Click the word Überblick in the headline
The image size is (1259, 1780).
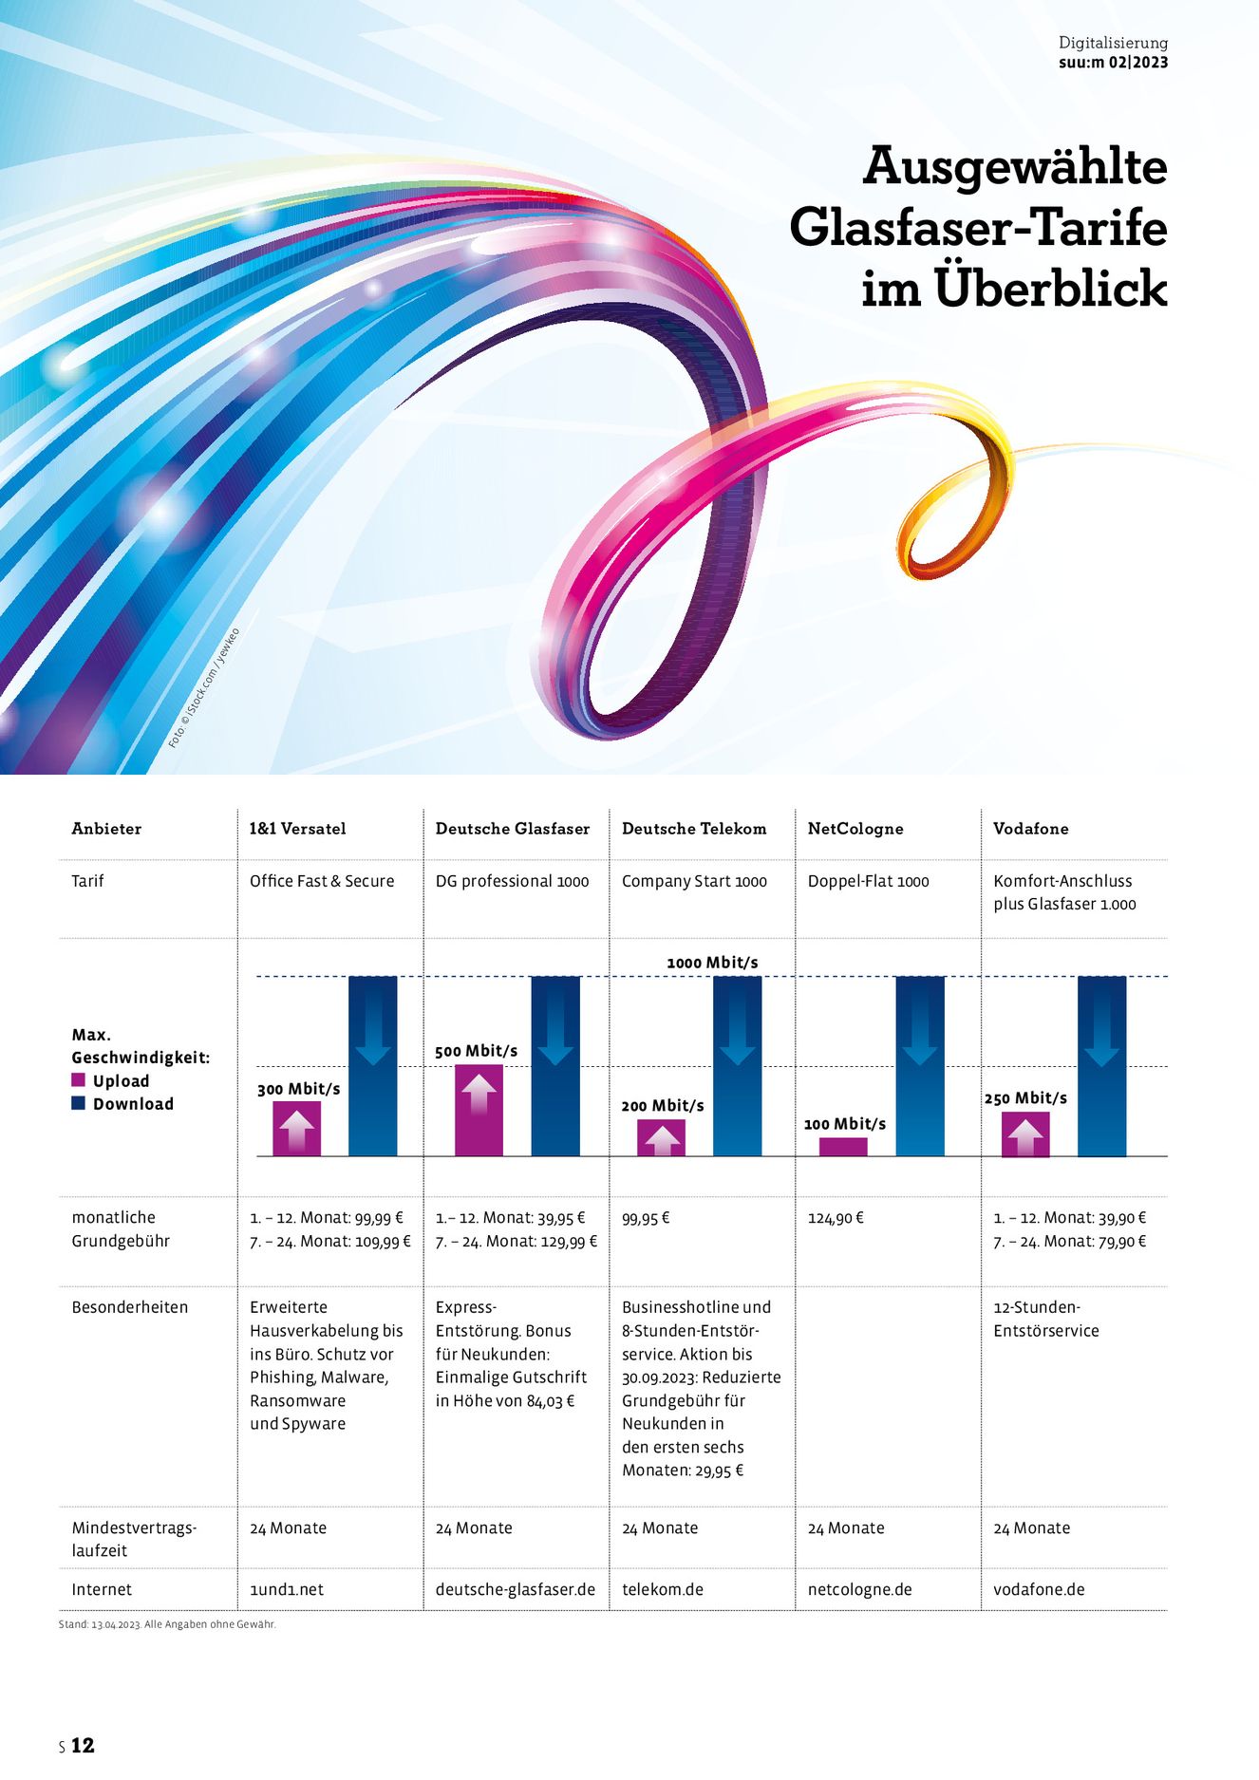coord(1051,289)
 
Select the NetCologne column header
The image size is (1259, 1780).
coord(855,829)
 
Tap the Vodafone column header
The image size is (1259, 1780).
coord(1030,829)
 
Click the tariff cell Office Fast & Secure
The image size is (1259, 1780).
coord(322,881)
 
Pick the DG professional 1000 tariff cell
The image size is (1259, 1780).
coord(512,881)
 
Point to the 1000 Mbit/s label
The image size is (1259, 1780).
coord(712,963)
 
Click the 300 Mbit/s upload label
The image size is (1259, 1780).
coord(298,1089)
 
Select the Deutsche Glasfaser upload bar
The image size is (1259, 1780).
coord(479,1110)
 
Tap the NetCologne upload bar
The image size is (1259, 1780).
coord(843,1147)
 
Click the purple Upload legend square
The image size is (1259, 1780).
coord(79,1080)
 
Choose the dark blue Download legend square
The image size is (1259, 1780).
coord(79,1103)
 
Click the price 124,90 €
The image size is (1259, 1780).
coord(836,1218)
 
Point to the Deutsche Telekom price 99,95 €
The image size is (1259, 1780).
coord(646,1218)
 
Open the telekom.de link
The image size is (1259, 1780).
coord(663,1589)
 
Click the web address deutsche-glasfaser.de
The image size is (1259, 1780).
coord(515,1589)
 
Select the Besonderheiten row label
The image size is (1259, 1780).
coord(130,1307)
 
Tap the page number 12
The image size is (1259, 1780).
coord(83,1745)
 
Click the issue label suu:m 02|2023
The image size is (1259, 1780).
coord(1113,63)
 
